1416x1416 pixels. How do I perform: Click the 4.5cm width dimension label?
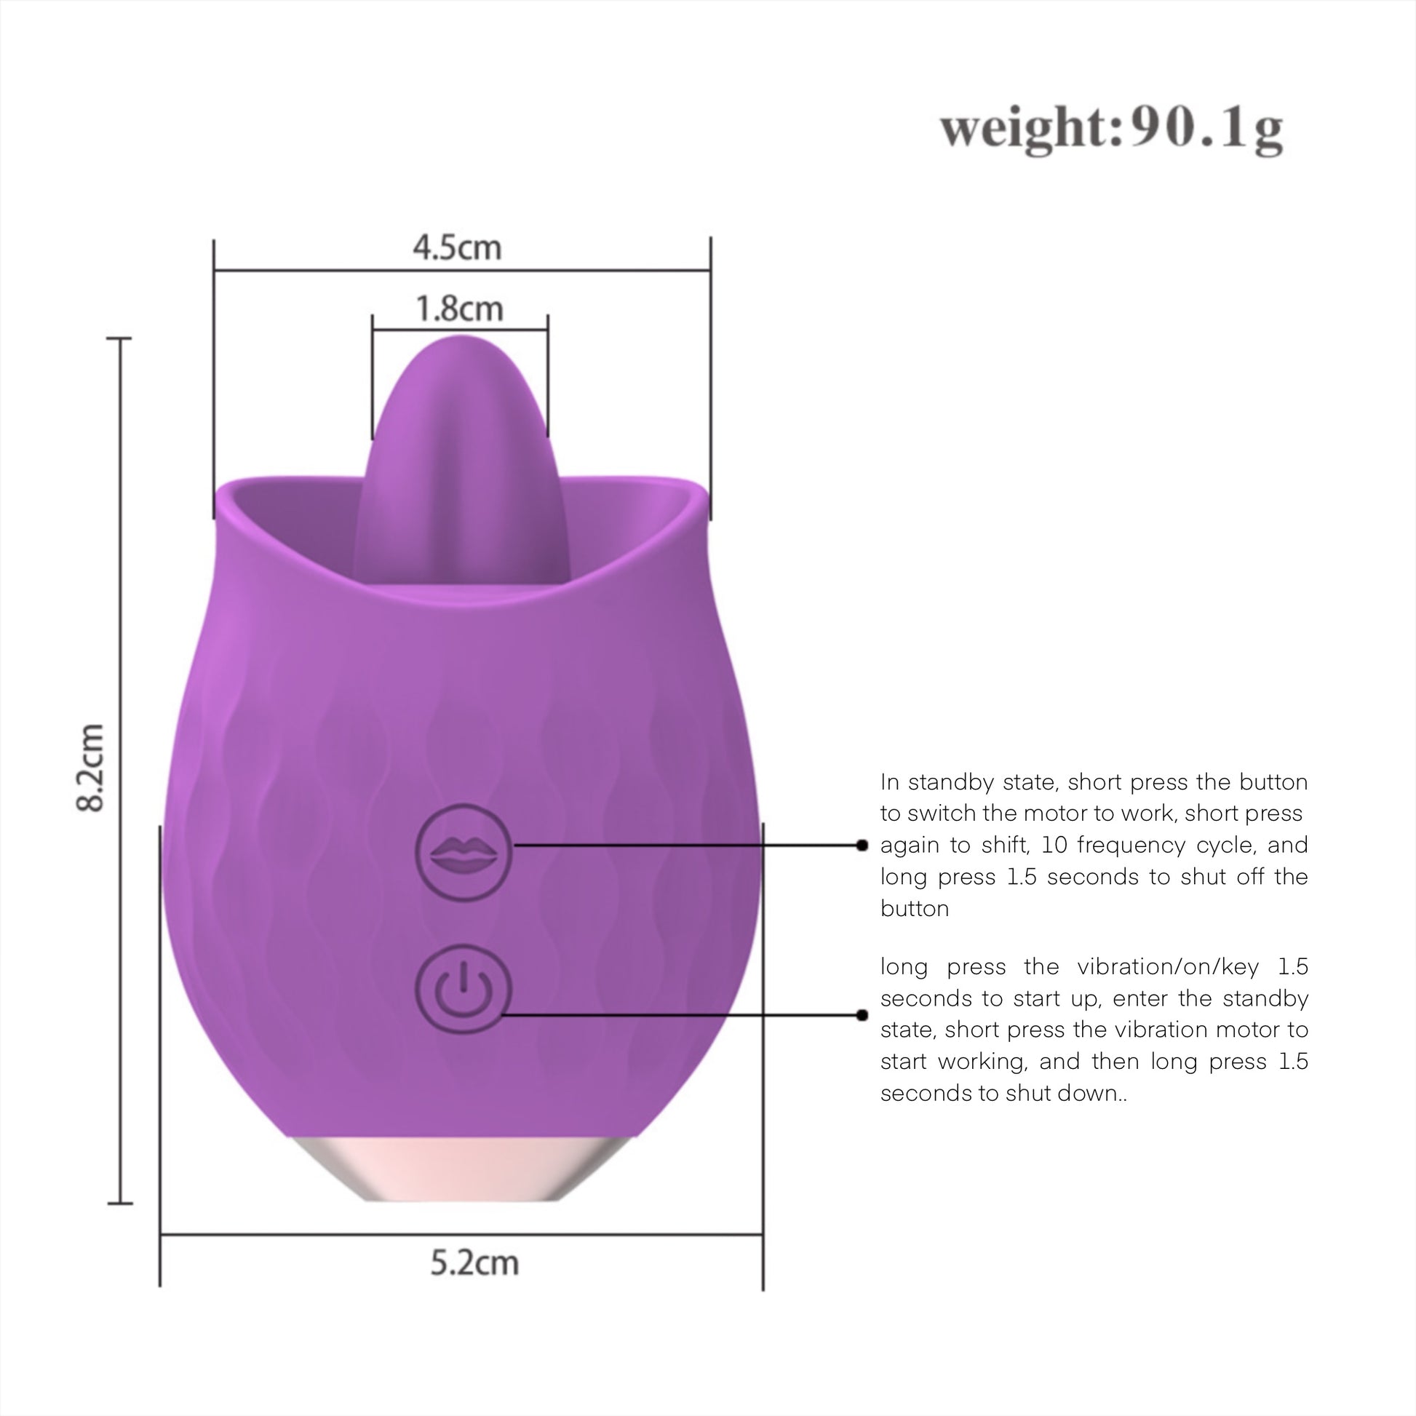(x=458, y=247)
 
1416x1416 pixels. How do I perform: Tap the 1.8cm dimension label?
(x=460, y=309)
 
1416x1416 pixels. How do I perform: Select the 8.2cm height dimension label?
(x=90, y=768)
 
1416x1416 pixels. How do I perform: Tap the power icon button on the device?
(x=464, y=989)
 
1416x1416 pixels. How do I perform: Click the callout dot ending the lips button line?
(x=862, y=845)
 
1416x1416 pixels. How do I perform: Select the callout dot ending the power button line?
(x=862, y=1015)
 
